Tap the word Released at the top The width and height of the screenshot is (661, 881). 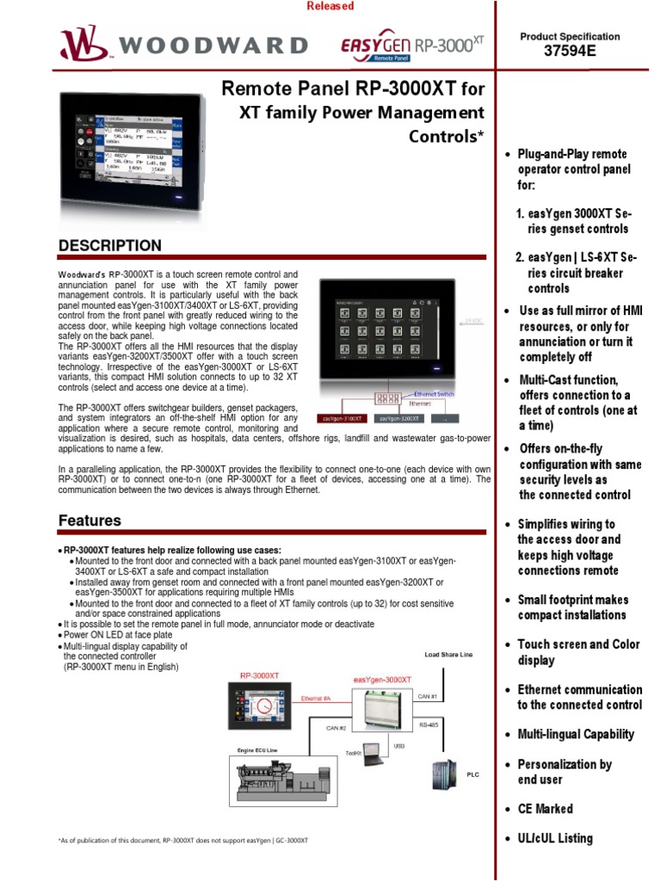pos(330,7)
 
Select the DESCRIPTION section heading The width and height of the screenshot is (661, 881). pos(109,246)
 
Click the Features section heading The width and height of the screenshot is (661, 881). pos(90,521)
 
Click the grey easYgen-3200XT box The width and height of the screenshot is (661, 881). pos(398,419)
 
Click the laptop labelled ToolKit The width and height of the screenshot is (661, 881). pos(374,754)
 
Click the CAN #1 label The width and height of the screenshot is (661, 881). pos(429,695)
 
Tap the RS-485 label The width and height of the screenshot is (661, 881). pos(429,725)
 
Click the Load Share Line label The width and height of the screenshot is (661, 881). pos(448,654)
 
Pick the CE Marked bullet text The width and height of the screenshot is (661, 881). pos(545,809)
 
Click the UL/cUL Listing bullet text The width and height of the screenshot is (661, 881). pos(555,839)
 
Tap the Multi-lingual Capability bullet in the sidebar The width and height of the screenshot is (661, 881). pos(576,735)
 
